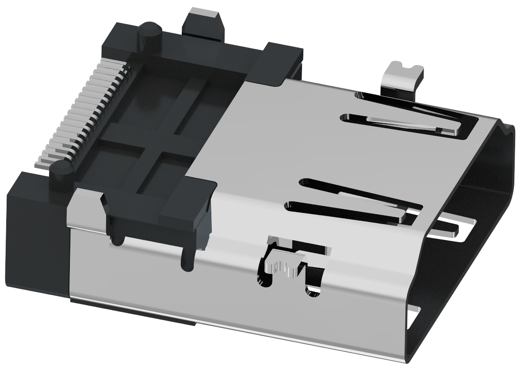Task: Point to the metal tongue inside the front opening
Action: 447,228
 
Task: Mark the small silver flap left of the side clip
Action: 84,208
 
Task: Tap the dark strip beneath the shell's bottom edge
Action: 133,314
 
